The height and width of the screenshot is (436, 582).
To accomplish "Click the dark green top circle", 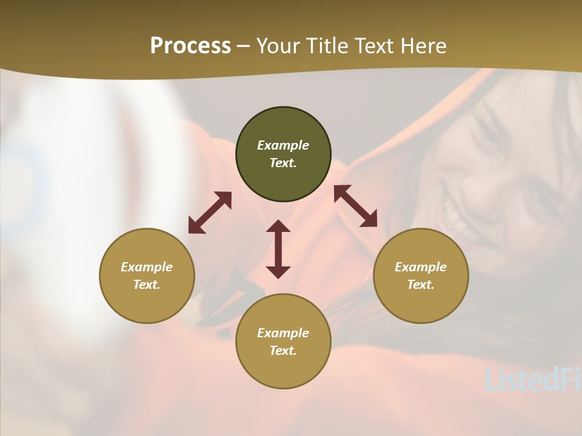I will click(x=283, y=154).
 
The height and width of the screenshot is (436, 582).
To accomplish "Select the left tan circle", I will click(x=147, y=276).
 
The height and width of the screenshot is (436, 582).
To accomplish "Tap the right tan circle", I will click(x=421, y=276).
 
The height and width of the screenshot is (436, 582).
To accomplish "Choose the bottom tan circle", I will click(x=283, y=342).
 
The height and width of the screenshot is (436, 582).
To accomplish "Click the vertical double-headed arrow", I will click(x=278, y=249).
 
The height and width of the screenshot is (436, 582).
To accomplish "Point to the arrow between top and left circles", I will click(x=210, y=213).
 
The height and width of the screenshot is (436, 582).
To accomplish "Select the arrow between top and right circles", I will click(x=356, y=206).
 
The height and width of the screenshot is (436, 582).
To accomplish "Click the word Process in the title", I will click(x=190, y=46).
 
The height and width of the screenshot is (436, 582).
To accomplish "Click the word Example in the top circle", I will click(x=283, y=145).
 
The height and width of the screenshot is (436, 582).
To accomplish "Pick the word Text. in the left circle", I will click(x=147, y=285).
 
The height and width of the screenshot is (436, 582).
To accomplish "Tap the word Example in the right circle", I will click(x=421, y=267).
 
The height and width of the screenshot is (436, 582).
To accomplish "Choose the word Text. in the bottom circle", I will click(x=283, y=351).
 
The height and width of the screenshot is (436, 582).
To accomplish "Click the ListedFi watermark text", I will click(x=533, y=379).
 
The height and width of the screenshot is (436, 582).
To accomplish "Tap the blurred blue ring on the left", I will click(x=33, y=182).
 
